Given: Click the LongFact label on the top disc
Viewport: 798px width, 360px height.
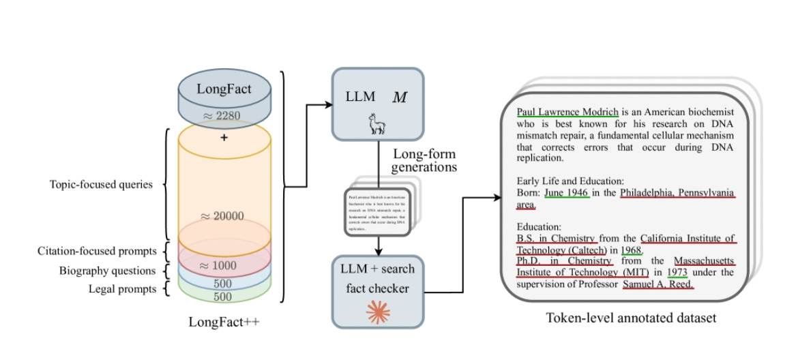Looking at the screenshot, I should click(x=224, y=89).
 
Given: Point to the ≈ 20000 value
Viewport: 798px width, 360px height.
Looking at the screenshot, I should click(x=223, y=216).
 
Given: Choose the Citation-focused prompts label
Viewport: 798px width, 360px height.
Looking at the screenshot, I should click(x=98, y=252).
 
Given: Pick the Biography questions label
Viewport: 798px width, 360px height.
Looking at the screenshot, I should click(x=106, y=271).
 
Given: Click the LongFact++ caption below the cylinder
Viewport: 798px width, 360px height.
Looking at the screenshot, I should click(x=224, y=322).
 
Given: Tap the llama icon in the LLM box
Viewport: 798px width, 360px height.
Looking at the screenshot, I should click(x=376, y=125).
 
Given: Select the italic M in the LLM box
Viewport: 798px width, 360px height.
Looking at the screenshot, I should click(x=399, y=97).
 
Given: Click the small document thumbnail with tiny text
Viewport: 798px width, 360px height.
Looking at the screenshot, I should click(x=375, y=211).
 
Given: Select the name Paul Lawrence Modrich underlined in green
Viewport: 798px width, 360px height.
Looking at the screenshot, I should click(x=567, y=112).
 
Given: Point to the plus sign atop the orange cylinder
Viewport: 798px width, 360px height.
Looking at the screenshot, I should click(x=224, y=138).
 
